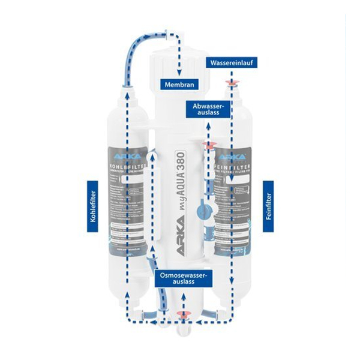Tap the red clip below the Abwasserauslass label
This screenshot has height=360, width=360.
(x=209, y=146)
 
